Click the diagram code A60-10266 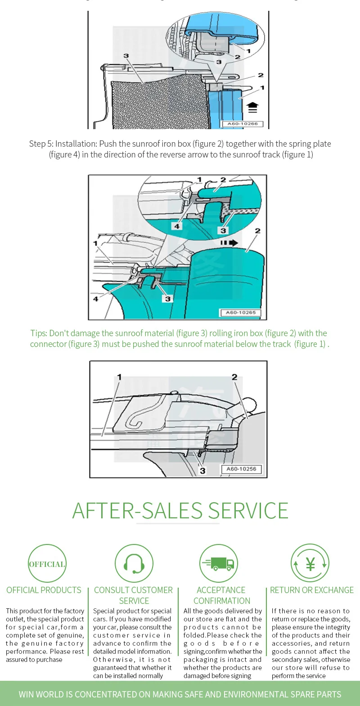pyautogui.click(x=242, y=124)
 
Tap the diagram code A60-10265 pyautogui.click(x=241, y=312)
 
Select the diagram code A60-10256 pyautogui.click(x=241, y=469)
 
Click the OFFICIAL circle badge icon pyautogui.click(x=47, y=564)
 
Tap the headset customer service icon pyautogui.click(x=134, y=563)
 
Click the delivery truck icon pyautogui.click(x=218, y=563)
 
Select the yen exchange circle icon pyautogui.click(x=310, y=563)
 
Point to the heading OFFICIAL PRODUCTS pyautogui.click(x=44, y=590)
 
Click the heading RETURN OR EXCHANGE pyautogui.click(x=312, y=590)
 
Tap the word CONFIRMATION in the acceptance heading pyautogui.click(x=222, y=601)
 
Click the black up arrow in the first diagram pyautogui.click(x=252, y=107)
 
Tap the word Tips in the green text pyautogui.click(x=38, y=333)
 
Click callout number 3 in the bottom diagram pyautogui.click(x=202, y=471)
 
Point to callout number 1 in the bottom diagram pyautogui.click(x=119, y=377)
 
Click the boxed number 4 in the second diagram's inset pyautogui.click(x=177, y=226)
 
